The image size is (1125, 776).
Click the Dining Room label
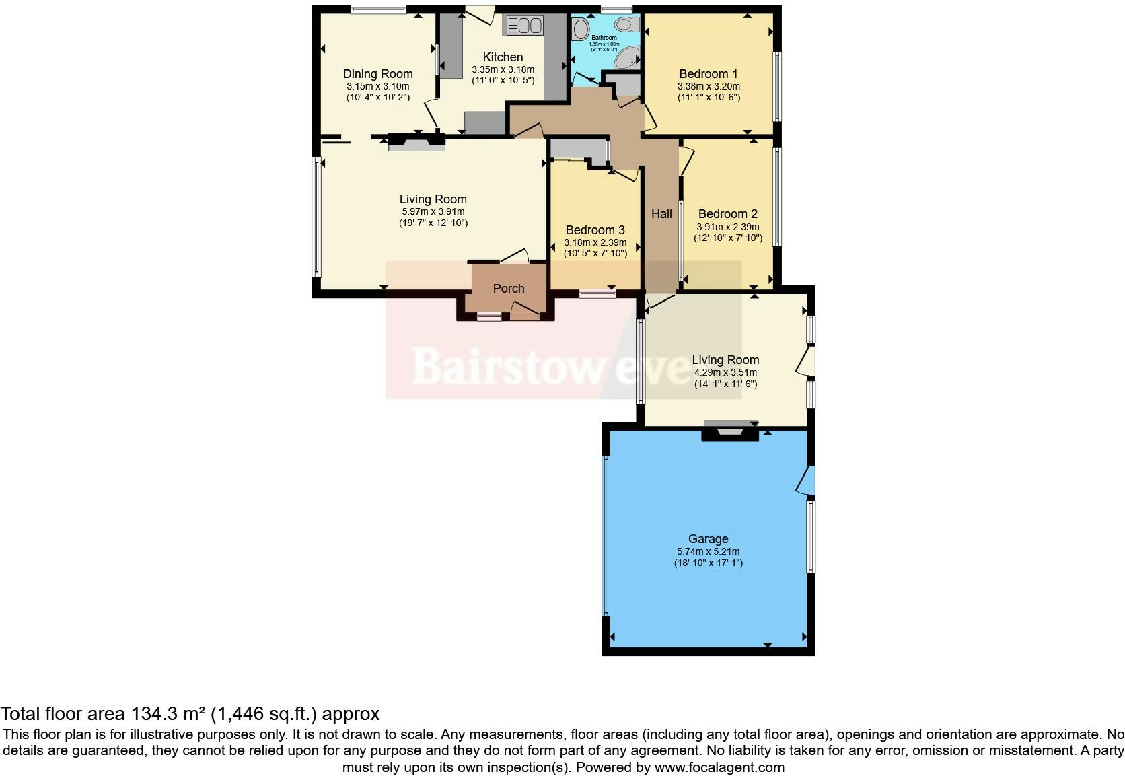(377, 74)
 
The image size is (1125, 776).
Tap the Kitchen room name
(503, 57)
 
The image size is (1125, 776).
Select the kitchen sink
(524, 26)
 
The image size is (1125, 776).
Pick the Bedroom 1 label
(708, 74)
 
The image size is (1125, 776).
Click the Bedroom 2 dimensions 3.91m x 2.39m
(727, 227)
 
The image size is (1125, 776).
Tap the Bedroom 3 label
(595, 230)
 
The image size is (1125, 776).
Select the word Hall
(661, 214)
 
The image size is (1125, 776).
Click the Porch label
(508, 289)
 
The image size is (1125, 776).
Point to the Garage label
(708, 539)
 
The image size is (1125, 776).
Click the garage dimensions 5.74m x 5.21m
(708, 551)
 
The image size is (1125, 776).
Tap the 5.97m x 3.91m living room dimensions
(433, 211)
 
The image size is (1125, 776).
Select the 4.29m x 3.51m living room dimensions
(725, 372)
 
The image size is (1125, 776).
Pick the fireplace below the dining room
(416, 141)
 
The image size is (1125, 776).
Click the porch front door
(525, 310)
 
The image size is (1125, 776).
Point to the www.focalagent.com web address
(719, 767)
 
